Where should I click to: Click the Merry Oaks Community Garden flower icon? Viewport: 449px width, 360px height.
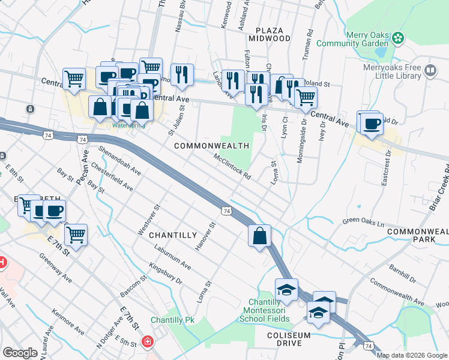[397, 38]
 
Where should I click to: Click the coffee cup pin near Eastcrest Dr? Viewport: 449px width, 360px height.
[372, 124]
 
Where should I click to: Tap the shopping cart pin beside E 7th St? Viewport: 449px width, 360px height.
[76, 235]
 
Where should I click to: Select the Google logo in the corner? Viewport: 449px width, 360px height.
[20, 353]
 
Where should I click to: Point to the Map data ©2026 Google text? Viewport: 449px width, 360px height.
[412, 355]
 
